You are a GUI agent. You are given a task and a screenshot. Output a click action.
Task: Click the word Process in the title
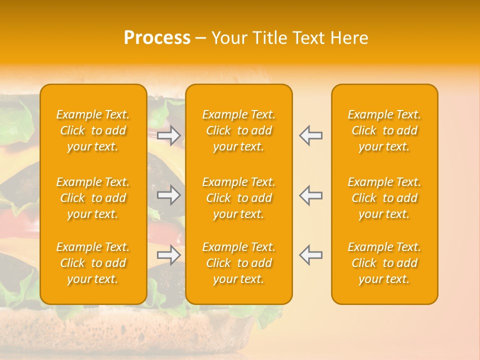click(157, 38)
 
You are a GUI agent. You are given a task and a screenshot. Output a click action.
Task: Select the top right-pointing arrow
click(168, 135)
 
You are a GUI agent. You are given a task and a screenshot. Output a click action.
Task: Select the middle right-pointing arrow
click(168, 195)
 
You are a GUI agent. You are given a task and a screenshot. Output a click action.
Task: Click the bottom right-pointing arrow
click(168, 255)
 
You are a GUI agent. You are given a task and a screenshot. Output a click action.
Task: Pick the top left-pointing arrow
click(310, 135)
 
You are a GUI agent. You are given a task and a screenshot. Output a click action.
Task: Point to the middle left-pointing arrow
click(310, 195)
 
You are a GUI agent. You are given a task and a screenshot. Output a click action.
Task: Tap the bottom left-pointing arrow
click(310, 255)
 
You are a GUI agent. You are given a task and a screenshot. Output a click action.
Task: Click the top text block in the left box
click(93, 130)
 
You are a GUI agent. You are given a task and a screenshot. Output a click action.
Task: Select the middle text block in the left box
click(93, 198)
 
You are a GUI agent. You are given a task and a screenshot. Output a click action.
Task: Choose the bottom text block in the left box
click(93, 263)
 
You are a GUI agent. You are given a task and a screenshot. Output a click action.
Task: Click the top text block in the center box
click(238, 130)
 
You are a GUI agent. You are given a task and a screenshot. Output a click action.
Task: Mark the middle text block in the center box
click(238, 198)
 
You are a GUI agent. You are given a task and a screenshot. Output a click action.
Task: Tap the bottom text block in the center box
click(238, 263)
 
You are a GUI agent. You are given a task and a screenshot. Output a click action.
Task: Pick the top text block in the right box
click(384, 130)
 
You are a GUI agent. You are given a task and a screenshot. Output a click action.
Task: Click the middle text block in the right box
click(384, 198)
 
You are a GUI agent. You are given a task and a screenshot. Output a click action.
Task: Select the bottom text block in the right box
click(384, 263)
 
